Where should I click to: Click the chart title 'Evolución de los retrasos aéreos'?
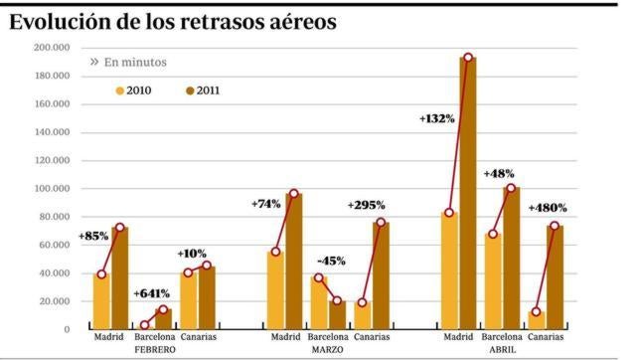[172, 21]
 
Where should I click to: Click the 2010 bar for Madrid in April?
[449, 270]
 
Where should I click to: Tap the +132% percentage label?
[436, 118]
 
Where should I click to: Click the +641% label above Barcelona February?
[151, 293]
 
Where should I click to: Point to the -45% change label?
[330, 262]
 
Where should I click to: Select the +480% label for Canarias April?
[548, 208]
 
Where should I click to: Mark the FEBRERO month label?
[154, 350]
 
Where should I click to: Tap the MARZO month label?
[327, 350]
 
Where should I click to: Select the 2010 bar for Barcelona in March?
[319, 302]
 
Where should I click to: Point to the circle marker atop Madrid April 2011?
[467, 58]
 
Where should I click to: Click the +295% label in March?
[367, 205]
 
